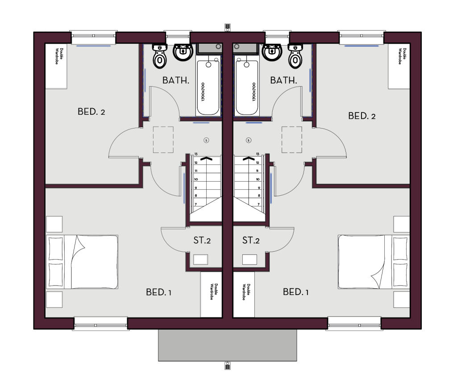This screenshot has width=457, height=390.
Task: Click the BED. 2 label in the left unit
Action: (x=91, y=112)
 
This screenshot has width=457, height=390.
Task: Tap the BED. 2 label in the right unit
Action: (x=361, y=116)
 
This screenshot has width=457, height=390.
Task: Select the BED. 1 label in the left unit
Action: (x=158, y=292)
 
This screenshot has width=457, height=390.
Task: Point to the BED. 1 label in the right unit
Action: (x=295, y=292)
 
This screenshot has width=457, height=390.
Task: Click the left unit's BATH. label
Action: (x=176, y=80)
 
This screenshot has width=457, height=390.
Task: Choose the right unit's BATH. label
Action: (x=283, y=80)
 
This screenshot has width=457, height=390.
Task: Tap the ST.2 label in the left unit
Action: (x=202, y=241)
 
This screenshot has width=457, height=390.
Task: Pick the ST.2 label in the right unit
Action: (x=251, y=241)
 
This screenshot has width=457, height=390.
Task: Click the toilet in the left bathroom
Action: (x=160, y=56)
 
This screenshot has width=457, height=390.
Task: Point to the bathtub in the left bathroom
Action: (x=208, y=87)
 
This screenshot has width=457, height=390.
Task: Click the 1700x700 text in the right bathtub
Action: (x=254, y=92)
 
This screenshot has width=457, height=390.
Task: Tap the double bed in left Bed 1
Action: (x=82, y=262)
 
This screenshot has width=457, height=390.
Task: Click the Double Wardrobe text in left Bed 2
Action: (x=59, y=56)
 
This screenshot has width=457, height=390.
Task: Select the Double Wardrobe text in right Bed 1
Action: (x=246, y=292)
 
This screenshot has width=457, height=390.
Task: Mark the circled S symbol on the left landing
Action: (x=206, y=140)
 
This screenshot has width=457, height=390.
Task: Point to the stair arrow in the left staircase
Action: (x=206, y=158)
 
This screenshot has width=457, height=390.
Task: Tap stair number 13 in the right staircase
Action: (x=258, y=154)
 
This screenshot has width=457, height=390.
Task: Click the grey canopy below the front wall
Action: (x=227, y=345)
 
